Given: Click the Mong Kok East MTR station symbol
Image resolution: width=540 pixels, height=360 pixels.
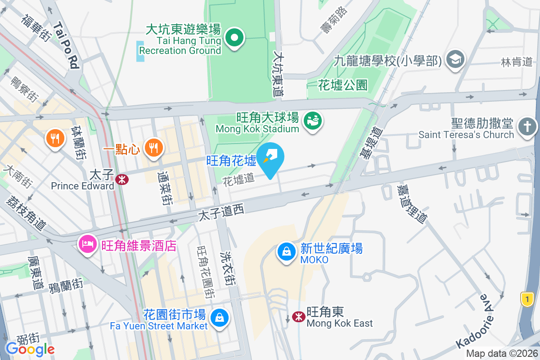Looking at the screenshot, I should point(298,317).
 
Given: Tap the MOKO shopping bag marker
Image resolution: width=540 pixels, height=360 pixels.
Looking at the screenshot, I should point(287,252).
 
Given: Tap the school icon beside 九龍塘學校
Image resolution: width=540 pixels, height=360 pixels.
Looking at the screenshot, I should point(455,59).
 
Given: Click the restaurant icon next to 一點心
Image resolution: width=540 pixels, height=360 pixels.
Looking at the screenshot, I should point(153,146).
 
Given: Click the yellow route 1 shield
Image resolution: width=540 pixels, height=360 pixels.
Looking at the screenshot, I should point(527,298).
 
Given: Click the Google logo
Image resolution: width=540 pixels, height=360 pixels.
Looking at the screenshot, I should point(30,349).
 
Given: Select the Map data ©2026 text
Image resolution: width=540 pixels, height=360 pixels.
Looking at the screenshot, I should point(502,354).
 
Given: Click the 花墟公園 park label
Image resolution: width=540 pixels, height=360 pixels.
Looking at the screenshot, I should point(342,85).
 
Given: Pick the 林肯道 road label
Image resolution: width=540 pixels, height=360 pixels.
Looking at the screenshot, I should point(517,62).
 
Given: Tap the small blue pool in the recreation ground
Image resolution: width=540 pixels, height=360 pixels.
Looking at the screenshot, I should point(140,51).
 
